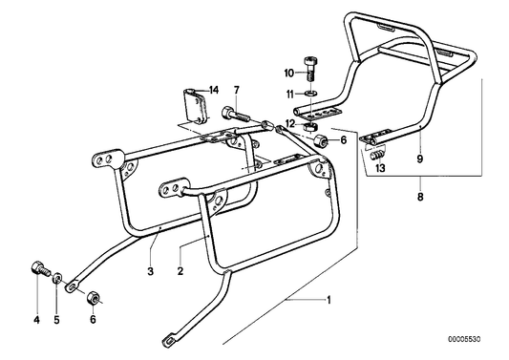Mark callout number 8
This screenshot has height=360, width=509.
pos(420,199)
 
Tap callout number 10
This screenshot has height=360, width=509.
pos(288,73)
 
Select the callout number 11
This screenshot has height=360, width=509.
pos(288,93)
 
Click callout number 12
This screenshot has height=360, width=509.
pos(288,122)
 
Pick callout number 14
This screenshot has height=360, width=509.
pos(214,90)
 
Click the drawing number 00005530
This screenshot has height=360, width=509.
pos(475,339)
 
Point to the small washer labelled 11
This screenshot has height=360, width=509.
pos(308,93)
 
